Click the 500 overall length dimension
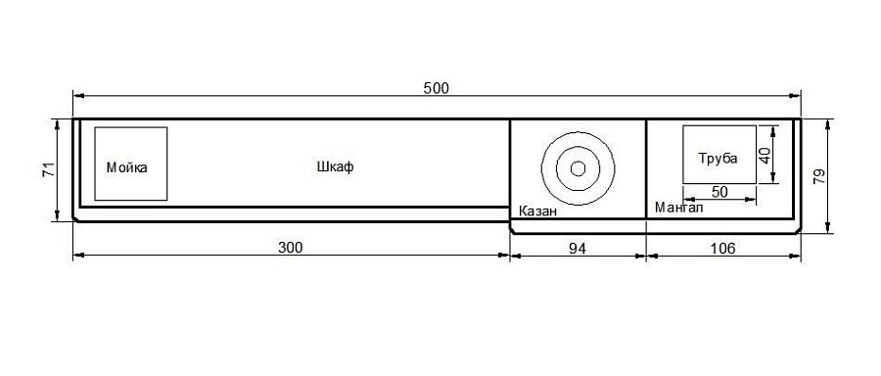point(437,88)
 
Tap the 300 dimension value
point(291,248)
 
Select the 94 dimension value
point(577,249)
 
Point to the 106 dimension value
point(723,249)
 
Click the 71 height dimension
point(49,169)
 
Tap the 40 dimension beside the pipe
point(765,155)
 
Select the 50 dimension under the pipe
point(719,192)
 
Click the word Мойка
point(127,167)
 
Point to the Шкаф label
point(336,166)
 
